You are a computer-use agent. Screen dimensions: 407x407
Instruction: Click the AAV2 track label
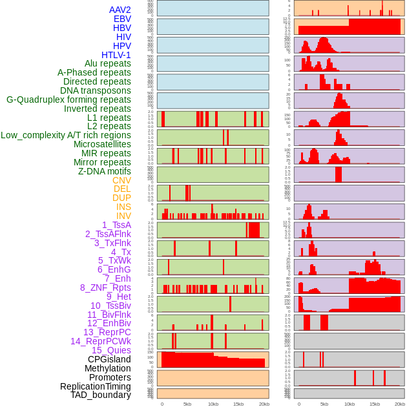point(120,10)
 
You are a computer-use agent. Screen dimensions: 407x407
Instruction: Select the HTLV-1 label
point(116,55)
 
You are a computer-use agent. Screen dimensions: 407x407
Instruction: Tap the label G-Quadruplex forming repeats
point(68,99)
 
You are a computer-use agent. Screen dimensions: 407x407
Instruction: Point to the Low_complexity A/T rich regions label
point(66,135)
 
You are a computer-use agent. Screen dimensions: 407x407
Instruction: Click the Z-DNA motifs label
point(105,171)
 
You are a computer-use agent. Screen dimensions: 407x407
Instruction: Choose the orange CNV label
point(121,180)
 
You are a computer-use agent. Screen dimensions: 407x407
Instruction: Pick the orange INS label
point(123,207)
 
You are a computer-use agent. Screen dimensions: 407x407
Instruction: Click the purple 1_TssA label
point(116,225)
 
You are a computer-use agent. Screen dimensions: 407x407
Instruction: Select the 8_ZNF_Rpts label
point(105,287)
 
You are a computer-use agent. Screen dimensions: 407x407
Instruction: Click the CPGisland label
point(109,359)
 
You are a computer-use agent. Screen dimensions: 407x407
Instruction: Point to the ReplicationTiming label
point(96,386)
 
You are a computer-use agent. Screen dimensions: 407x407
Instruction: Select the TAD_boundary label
point(101,395)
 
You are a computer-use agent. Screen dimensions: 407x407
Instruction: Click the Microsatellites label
point(102,144)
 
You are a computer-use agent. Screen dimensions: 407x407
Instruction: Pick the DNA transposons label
point(96,90)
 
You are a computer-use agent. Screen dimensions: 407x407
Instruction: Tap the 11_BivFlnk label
point(109,315)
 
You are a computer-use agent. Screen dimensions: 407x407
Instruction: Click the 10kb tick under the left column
point(213,404)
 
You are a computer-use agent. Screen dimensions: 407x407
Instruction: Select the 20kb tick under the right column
point(401,404)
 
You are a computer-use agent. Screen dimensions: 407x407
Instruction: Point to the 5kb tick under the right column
point(324,404)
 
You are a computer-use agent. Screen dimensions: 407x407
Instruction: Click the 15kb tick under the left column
point(238,404)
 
